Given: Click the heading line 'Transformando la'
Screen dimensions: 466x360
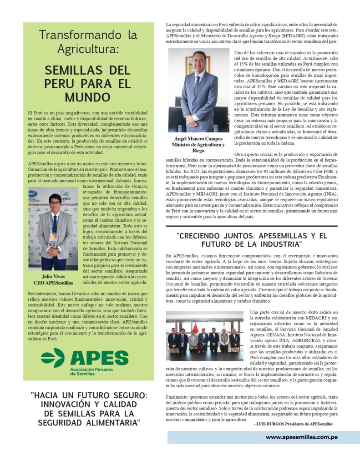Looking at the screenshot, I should click(x=88, y=35).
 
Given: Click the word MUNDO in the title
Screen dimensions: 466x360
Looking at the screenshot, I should click(x=88, y=97).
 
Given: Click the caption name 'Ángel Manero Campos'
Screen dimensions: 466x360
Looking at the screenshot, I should click(x=198, y=138).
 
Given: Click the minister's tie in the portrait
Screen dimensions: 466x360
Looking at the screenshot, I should click(x=197, y=84).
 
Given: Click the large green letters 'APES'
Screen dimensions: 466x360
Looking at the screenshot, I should click(x=99, y=357).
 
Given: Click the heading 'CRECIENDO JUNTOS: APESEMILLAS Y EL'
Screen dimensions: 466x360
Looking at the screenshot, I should click(x=252, y=236).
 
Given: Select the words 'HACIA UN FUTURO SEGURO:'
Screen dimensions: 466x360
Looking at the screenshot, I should click(x=89, y=395).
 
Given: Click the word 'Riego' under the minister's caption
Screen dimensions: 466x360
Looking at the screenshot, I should click(x=198, y=151).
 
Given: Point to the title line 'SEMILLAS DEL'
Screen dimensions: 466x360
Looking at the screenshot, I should click(x=88, y=71).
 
